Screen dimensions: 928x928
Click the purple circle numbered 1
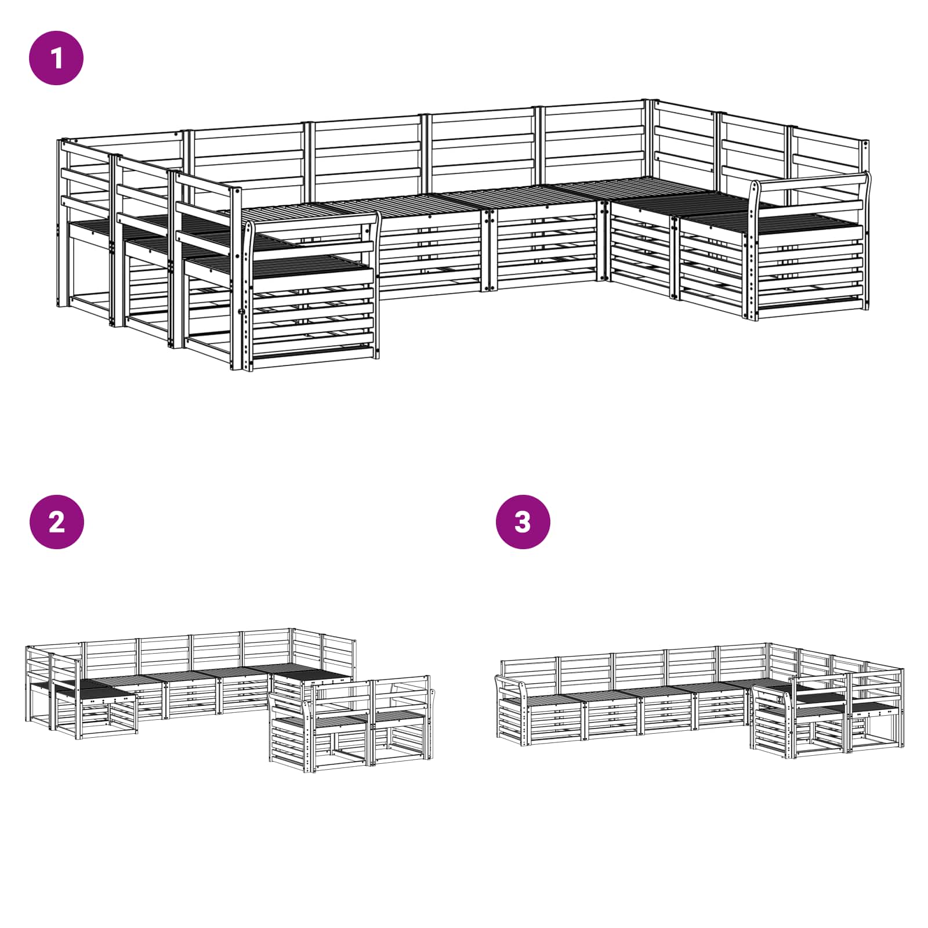[56, 58]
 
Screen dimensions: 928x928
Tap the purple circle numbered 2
[56, 521]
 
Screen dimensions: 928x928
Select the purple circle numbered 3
[523, 521]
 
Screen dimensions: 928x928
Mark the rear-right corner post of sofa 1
[650, 139]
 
